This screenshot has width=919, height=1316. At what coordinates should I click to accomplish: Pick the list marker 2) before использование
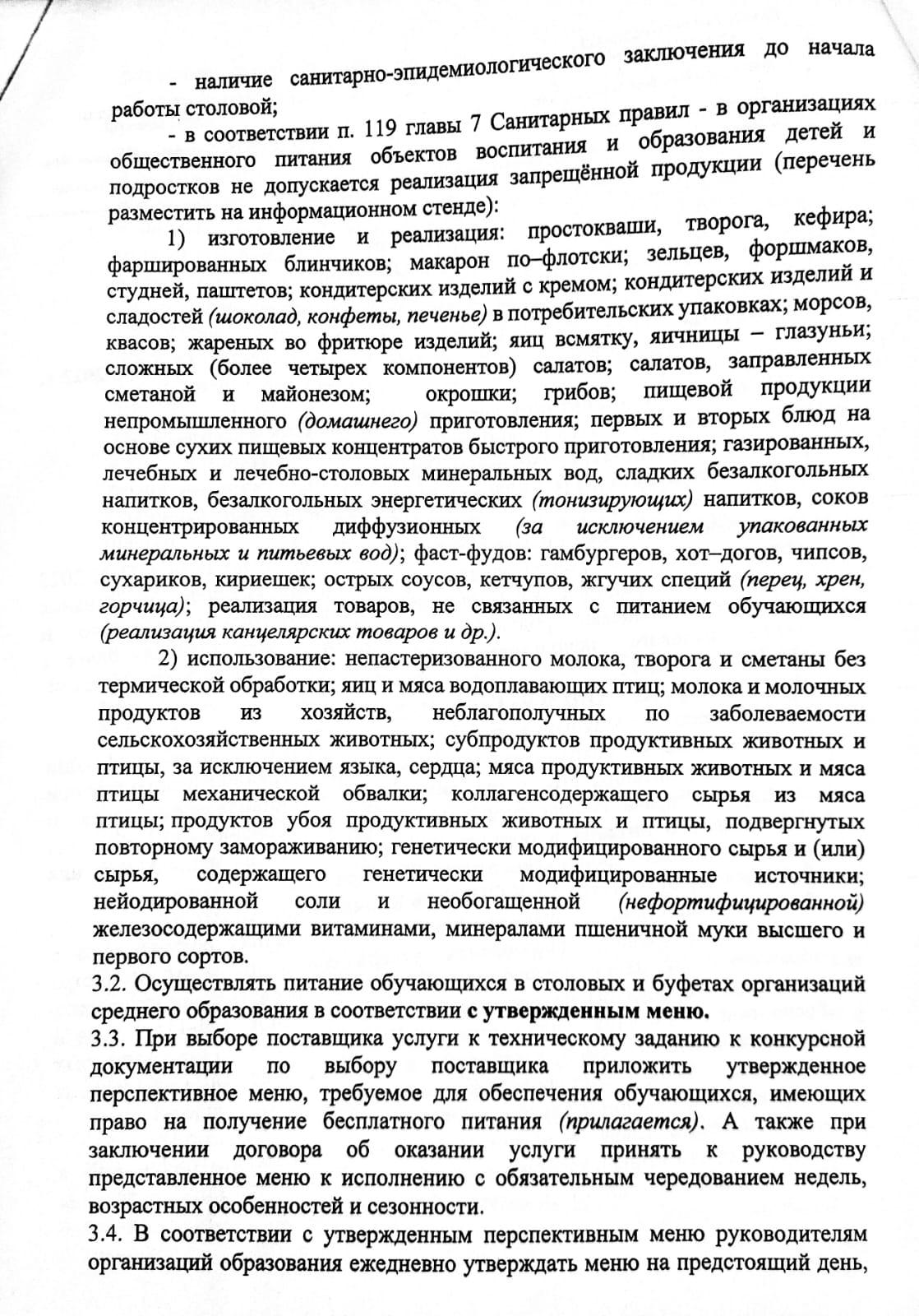tap(169, 660)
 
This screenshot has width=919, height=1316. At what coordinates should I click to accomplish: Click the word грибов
tap(577, 392)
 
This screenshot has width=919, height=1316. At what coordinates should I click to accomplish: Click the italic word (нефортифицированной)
tap(740, 902)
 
